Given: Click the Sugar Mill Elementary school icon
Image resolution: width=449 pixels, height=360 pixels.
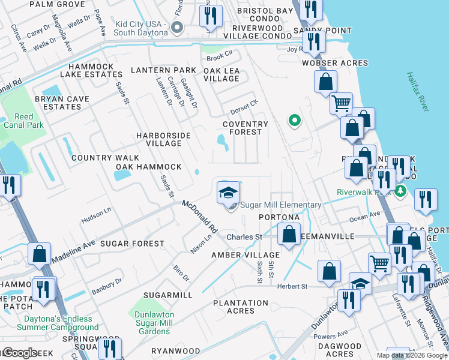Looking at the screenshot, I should pos(228,194).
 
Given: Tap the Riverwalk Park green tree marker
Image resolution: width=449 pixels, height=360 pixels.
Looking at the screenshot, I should pos(401,191).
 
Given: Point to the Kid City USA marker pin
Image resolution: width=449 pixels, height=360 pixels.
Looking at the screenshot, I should pos(176,27).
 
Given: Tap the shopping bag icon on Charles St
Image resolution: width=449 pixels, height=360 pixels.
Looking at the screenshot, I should pos(289,235).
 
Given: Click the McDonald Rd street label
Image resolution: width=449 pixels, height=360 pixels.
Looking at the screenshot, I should pos(200,217).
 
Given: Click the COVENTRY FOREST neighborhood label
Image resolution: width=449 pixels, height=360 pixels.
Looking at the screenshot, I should pos(243,128).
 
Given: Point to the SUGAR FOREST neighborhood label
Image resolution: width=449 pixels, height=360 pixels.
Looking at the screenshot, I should pos(131,244).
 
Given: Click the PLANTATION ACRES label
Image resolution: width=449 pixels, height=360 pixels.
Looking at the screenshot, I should pos(241,307).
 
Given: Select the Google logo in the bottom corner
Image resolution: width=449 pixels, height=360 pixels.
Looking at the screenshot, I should pos(19,353).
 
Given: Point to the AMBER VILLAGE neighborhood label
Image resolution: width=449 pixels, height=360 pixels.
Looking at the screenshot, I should pos(237,255).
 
